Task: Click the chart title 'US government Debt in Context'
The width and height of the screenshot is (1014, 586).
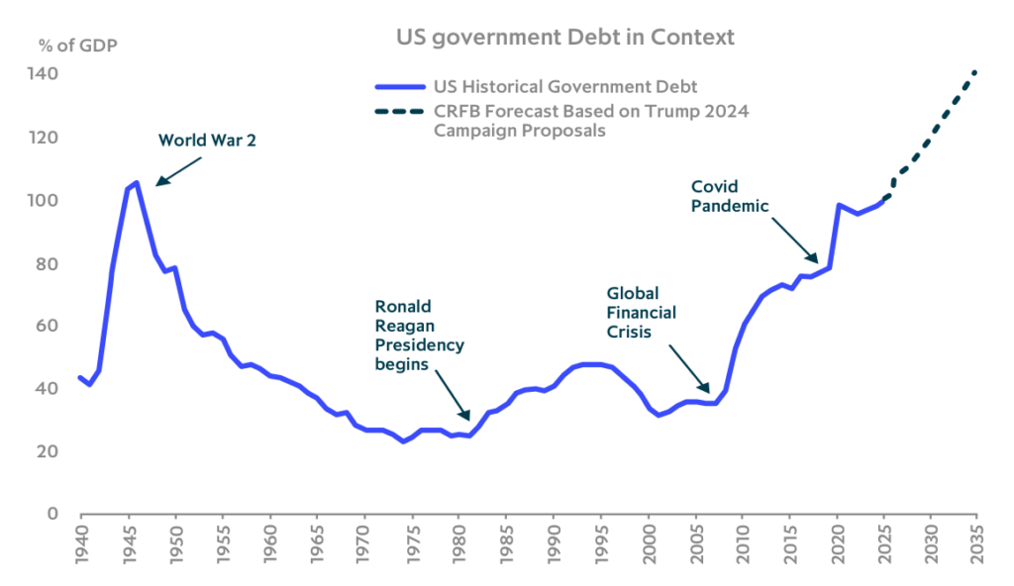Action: tap(565, 38)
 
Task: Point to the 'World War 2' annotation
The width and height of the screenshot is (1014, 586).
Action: tap(207, 140)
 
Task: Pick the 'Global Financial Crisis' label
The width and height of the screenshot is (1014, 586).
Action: tap(641, 313)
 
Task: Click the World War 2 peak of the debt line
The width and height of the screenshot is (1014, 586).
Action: tap(136, 182)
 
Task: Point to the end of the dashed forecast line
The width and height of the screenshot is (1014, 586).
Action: tap(976, 70)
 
